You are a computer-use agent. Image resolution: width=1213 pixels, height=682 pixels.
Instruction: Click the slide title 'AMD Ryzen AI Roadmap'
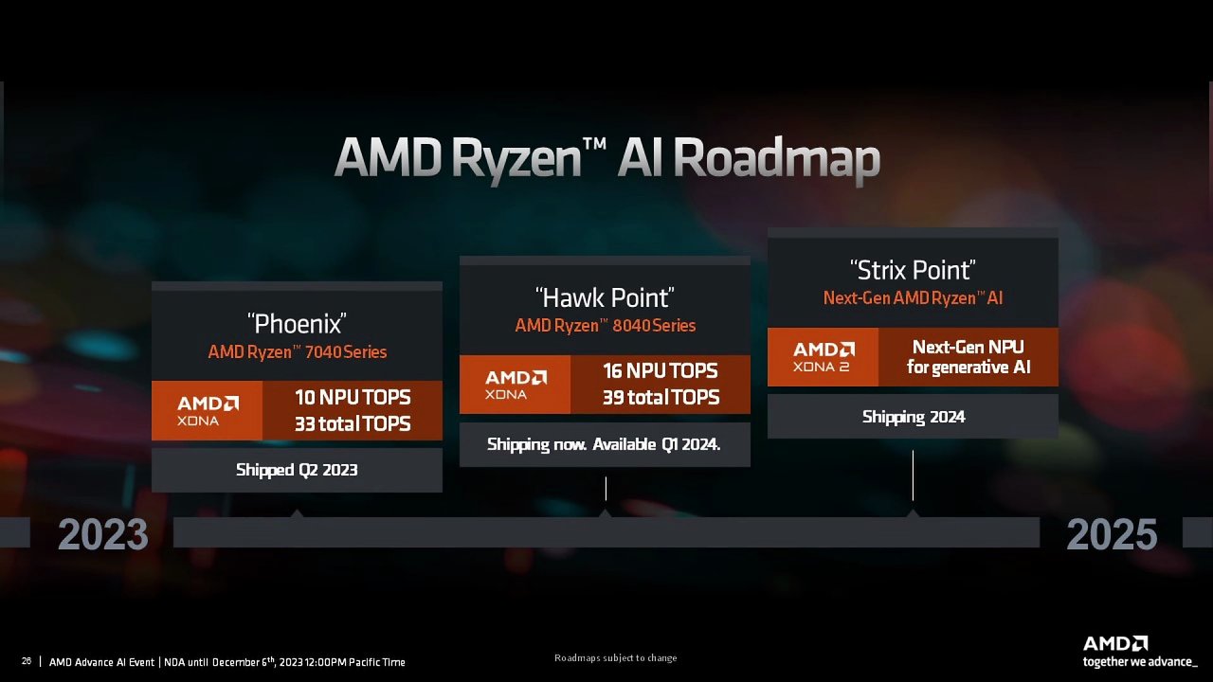click(607, 158)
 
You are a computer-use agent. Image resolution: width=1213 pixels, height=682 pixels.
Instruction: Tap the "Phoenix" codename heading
click(297, 324)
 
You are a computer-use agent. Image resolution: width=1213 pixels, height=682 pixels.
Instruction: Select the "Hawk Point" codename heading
click(605, 297)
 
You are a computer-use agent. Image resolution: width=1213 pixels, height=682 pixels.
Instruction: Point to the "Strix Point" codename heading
click(913, 270)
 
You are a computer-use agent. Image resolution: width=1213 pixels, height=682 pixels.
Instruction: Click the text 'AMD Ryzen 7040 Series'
click(298, 351)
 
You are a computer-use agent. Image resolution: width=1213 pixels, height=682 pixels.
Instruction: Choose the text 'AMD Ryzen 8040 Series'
click(606, 325)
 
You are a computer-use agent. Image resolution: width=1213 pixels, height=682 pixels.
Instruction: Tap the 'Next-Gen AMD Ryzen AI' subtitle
click(913, 297)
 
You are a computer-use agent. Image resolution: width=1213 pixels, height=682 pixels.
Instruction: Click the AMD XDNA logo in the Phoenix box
click(208, 411)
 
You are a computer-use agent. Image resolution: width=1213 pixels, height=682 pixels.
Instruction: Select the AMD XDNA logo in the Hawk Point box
click(516, 385)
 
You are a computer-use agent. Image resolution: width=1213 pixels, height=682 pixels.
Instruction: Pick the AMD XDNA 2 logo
click(824, 357)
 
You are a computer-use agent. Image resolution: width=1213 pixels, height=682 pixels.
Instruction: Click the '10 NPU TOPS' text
click(353, 397)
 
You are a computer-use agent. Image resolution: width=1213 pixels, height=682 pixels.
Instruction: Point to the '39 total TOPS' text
click(661, 397)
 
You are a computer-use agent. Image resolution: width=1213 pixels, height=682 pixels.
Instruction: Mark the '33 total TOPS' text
click(353, 423)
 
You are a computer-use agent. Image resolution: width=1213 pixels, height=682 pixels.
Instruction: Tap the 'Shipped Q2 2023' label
click(297, 470)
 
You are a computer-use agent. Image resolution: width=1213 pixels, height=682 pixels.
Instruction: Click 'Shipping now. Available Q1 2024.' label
click(604, 444)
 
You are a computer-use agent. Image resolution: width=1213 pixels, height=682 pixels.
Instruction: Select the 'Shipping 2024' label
click(914, 417)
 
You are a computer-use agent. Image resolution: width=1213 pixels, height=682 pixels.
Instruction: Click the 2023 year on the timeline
click(103, 534)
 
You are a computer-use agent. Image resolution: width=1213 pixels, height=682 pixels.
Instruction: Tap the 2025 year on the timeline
click(1112, 534)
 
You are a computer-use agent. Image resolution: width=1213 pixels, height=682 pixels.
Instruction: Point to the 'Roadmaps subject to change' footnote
click(616, 657)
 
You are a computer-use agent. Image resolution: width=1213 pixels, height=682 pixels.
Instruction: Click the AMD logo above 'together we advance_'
click(1115, 643)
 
